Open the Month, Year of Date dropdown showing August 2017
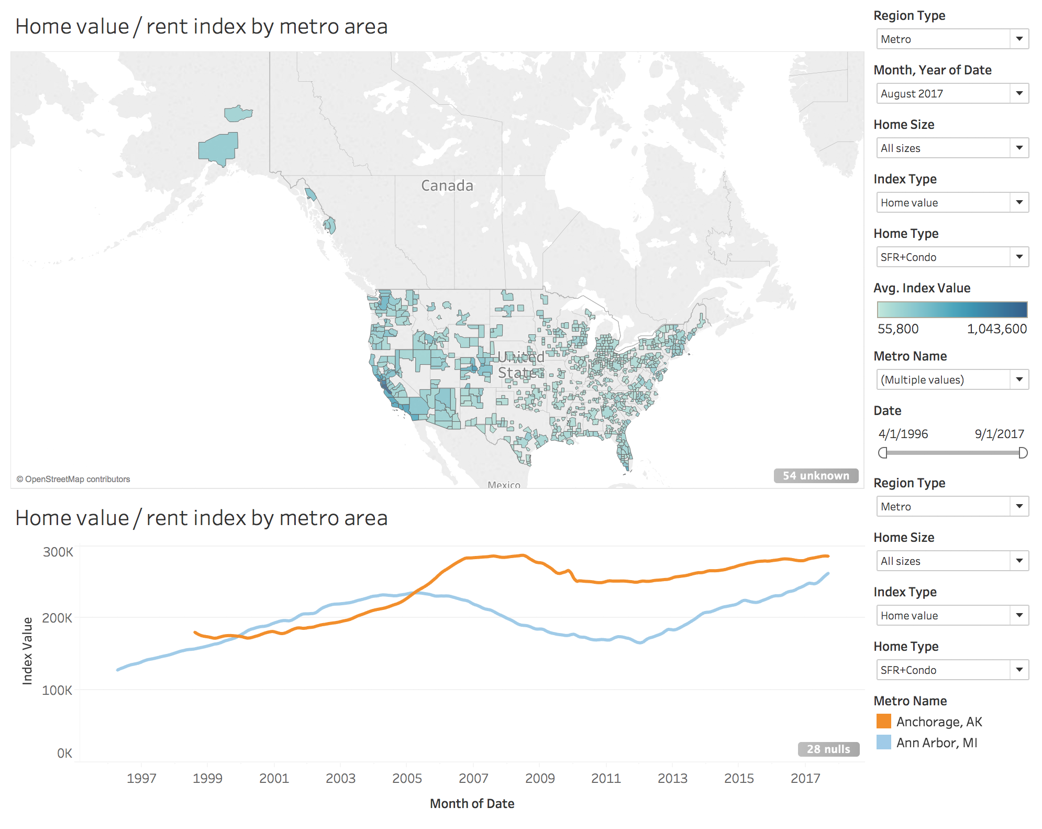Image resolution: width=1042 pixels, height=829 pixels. tap(952, 93)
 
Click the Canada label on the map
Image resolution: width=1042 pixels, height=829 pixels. tap(447, 186)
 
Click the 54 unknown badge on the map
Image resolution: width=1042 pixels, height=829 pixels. tap(815, 475)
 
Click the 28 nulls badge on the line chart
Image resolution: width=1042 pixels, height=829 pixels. tap(828, 749)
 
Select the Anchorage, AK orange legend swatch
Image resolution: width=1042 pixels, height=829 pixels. tap(884, 722)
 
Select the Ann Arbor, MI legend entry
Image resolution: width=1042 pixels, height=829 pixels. tap(936, 743)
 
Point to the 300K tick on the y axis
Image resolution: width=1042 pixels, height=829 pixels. tap(58, 552)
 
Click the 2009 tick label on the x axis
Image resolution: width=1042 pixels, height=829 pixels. tap(540, 778)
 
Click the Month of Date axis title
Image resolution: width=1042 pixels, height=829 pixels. tap(472, 803)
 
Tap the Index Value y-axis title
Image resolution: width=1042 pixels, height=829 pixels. tap(27, 651)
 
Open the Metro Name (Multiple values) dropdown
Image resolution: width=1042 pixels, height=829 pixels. tap(952, 379)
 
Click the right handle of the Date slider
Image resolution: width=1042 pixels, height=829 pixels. tap(1023, 453)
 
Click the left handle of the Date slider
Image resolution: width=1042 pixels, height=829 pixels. tap(883, 453)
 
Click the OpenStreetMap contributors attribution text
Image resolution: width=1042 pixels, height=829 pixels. tap(73, 479)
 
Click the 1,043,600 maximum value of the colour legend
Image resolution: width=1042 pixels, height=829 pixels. tap(996, 329)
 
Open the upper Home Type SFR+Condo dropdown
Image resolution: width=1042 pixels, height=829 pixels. tap(952, 257)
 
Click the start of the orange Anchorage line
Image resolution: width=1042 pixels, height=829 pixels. tap(195, 632)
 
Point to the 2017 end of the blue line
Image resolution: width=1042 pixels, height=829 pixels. tap(828, 574)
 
